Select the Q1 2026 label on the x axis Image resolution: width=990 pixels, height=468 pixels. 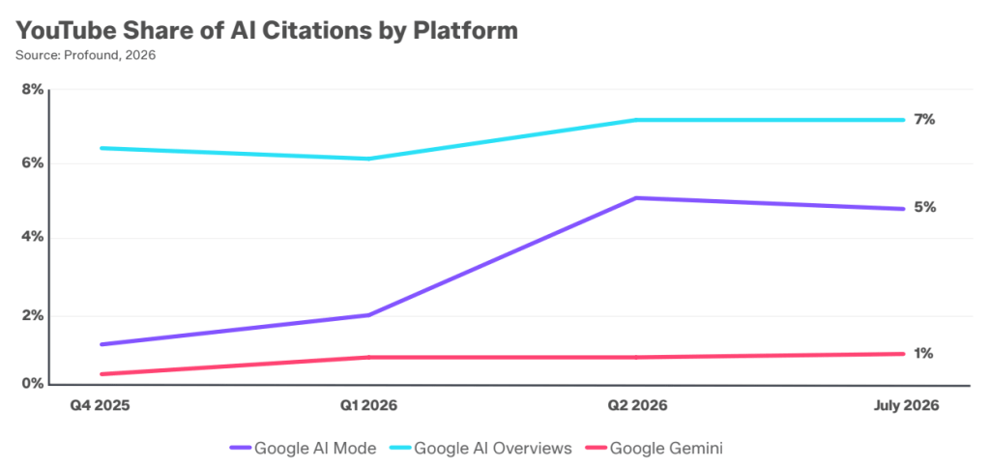pos(368,405)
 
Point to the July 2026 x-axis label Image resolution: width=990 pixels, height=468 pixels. pos(906,405)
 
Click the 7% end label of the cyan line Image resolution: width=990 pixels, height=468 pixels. pos(924,119)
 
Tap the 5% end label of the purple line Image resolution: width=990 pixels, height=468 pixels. pos(924,207)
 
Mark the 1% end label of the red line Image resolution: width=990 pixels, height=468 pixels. pos(923,354)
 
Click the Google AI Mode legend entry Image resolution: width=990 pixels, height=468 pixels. pos(303,449)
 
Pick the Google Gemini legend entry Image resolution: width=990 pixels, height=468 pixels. pos(656,449)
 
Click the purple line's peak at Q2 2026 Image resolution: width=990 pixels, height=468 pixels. pos(636,197)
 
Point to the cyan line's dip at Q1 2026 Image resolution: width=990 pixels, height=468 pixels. pos(368,159)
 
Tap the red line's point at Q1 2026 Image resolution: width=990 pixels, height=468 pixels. pos(368,358)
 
